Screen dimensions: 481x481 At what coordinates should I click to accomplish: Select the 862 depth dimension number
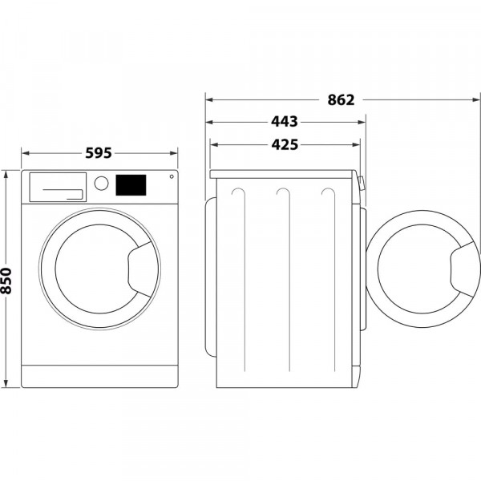(x=341, y=100)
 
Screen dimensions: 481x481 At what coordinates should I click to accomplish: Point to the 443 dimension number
(x=285, y=122)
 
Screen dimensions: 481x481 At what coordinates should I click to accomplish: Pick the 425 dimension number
(x=285, y=145)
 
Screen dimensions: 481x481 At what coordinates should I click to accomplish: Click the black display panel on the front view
(x=131, y=185)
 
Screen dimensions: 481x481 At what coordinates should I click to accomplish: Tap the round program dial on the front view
(x=101, y=183)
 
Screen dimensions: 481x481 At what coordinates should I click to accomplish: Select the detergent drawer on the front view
(x=57, y=187)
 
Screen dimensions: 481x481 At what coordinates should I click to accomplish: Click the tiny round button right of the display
(x=171, y=177)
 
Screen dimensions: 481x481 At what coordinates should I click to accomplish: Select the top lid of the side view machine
(x=282, y=173)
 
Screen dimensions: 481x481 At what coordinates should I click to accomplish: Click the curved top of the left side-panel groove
(x=237, y=192)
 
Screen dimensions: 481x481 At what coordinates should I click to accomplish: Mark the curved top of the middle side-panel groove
(x=282, y=192)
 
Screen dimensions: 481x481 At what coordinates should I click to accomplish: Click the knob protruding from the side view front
(x=362, y=184)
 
